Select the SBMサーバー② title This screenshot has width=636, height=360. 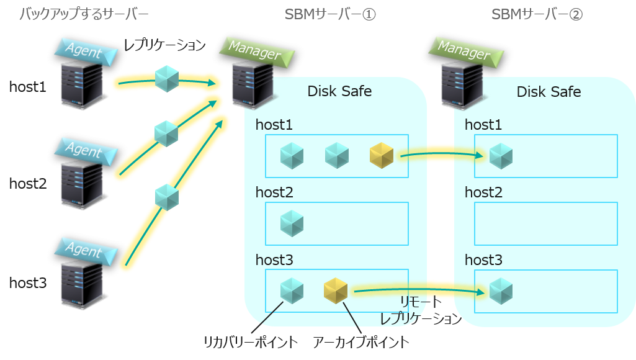pyautogui.click(x=537, y=14)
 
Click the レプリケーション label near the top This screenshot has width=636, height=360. pyautogui.click(x=164, y=45)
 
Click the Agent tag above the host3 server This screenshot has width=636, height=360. pyautogui.click(x=84, y=250)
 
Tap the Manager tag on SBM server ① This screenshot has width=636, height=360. pyautogui.click(x=254, y=50)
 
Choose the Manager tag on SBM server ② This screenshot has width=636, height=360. pyautogui.click(x=464, y=50)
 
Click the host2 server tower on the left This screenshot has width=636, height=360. pyautogui.click(x=81, y=184)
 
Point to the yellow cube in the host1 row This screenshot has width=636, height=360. pyautogui.click(x=382, y=156)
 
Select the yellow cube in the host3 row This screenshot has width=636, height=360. pyautogui.click(x=336, y=290)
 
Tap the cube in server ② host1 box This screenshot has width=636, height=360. pyautogui.click(x=501, y=156)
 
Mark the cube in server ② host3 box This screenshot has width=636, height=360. pyautogui.click(x=501, y=290)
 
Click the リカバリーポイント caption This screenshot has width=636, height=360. pyautogui.click(x=251, y=342)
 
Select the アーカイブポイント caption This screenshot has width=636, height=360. pyautogui.click(x=361, y=342)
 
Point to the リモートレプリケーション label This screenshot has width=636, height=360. pyautogui.click(x=421, y=311)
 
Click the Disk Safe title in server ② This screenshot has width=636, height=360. pyautogui.click(x=549, y=92)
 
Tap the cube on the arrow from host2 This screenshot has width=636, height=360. pyautogui.click(x=166, y=133)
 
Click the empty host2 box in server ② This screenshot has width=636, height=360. pyautogui.click(x=546, y=223)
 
